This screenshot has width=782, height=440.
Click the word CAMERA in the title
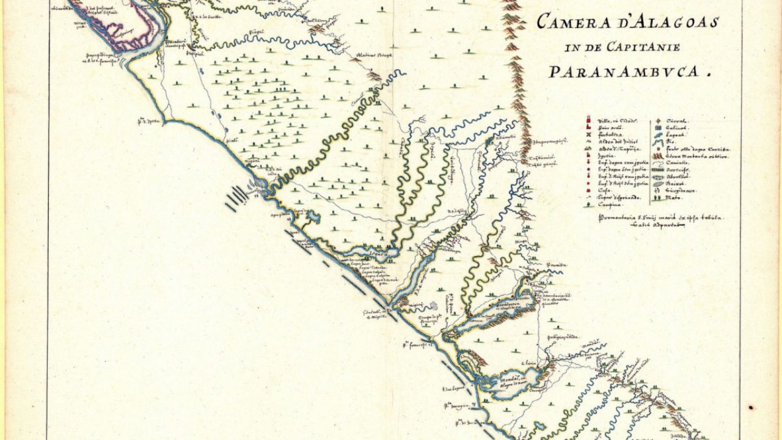568,23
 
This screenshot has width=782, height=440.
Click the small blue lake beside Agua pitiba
310,216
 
